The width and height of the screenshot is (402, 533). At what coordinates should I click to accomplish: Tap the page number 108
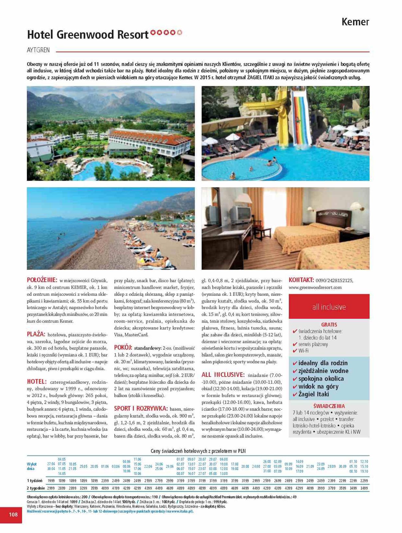[13, 514]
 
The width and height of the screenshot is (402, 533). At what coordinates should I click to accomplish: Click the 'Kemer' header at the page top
[355, 22]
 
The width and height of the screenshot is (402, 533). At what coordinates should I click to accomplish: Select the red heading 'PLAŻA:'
[36, 334]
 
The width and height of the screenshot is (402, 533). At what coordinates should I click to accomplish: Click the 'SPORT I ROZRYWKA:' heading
[141, 408]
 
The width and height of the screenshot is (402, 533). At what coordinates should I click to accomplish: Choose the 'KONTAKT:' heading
[301, 280]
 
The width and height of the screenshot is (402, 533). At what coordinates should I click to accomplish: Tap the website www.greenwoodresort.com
[315, 287]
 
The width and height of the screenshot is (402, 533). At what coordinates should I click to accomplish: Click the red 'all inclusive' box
[329, 307]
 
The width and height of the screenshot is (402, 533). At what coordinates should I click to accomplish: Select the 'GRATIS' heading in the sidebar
[329, 324]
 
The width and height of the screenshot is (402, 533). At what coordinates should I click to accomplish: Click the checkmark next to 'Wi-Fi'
[295, 351]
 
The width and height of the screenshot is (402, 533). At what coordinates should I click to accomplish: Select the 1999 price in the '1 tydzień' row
[51, 481]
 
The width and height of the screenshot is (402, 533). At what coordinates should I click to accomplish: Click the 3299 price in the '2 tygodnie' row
[83, 488]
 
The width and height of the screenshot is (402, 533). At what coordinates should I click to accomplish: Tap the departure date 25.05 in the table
[83, 466]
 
